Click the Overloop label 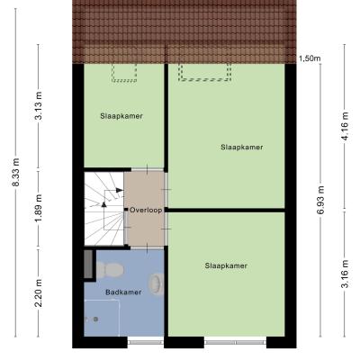click(146, 211)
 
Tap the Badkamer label click(123, 292)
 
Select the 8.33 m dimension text click(15, 172)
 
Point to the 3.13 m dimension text click(39, 105)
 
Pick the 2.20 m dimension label click(39, 293)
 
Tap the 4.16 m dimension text click(345, 126)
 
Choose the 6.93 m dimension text click(320, 200)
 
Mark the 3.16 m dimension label click(345, 274)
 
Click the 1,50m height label click(310, 58)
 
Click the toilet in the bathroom click(110, 269)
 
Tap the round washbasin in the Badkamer click(157, 283)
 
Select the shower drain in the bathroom click(95, 319)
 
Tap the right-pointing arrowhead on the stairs click(120, 190)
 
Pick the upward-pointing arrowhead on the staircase click(103, 204)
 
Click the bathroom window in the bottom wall click(146, 342)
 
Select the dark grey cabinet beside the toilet click(88, 265)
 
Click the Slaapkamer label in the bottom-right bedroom click(226, 265)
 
